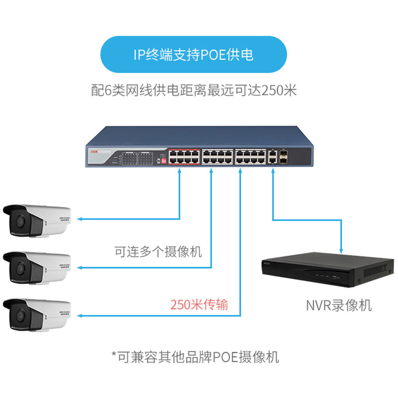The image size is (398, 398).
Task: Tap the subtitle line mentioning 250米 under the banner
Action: click(194, 91)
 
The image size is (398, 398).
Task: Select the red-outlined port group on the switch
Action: click(184, 157)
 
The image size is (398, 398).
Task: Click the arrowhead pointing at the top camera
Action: click(83, 219)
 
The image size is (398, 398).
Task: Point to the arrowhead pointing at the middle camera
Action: click(83, 267)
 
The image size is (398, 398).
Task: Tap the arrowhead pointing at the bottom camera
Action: click(83, 315)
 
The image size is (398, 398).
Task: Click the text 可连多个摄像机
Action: click(158, 252)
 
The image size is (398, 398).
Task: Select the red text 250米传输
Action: click(199, 304)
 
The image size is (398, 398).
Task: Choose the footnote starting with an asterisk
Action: click(195, 356)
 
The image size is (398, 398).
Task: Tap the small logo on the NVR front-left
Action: click(267, 264)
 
